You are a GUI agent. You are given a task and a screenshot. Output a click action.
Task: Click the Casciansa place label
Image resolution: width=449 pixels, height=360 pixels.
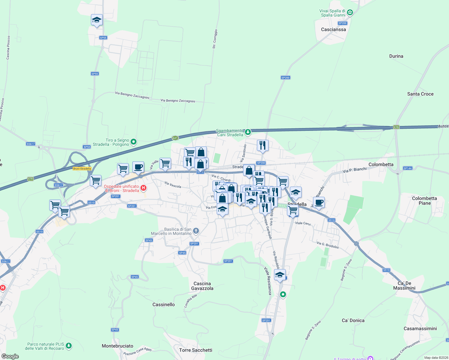333,29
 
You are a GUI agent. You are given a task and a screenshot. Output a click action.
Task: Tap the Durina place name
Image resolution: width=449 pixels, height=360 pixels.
396,56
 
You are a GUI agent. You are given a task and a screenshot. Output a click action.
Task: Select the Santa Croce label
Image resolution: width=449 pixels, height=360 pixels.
420,94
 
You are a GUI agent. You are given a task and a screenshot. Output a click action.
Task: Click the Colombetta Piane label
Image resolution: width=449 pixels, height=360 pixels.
424,201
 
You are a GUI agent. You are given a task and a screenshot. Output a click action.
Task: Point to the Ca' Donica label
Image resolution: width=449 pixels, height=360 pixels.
353,320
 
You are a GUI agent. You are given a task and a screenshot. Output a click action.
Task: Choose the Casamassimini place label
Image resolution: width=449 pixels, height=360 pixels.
420,328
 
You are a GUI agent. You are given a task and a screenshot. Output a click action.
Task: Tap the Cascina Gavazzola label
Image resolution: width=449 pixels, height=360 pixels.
202,286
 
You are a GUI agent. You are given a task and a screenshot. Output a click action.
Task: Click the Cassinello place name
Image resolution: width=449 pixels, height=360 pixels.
164,304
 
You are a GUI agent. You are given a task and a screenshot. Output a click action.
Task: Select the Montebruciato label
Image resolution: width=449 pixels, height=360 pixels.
117,346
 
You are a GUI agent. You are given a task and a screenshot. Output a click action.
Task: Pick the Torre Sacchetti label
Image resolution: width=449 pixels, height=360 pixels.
196,350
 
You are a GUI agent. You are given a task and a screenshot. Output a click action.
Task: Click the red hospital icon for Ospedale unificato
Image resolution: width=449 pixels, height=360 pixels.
144,188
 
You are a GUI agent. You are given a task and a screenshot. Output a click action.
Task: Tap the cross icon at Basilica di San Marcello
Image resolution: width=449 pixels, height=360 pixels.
196,231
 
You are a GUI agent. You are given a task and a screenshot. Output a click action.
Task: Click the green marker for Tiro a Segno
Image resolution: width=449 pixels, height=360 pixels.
134,142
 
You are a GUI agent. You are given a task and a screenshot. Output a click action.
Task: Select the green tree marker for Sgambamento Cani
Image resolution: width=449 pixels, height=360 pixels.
248,132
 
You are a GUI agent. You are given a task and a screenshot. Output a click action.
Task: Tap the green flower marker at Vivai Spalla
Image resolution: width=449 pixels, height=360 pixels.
350,13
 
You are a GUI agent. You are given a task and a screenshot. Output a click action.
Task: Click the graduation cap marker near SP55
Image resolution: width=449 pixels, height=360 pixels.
97,20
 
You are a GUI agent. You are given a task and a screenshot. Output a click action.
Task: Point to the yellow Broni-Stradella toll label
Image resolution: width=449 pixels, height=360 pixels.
82,169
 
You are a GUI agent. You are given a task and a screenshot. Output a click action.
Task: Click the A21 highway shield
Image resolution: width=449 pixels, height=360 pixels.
175,138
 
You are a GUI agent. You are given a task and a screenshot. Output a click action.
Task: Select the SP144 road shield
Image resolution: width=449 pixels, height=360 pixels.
408,168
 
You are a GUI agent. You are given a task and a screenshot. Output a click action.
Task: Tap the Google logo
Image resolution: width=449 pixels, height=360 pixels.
10,356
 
